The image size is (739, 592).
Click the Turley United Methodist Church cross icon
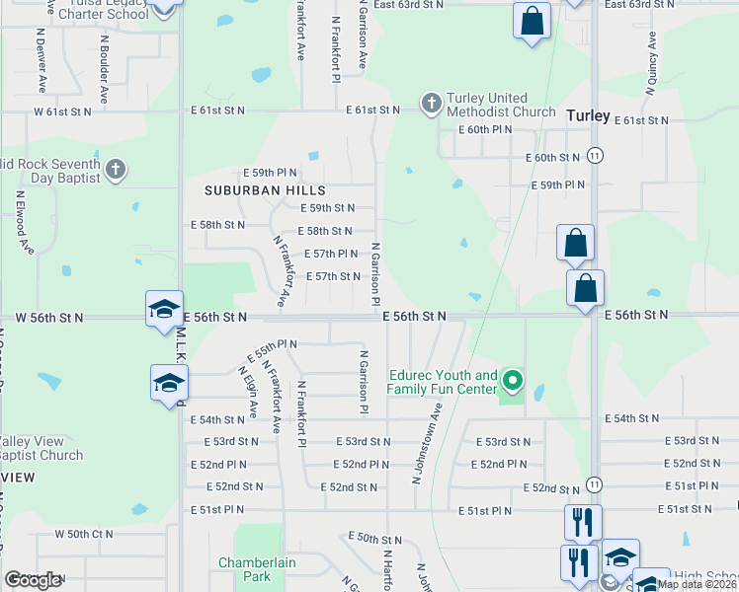tap(431, 103)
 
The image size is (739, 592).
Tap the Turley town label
tap(588, 114)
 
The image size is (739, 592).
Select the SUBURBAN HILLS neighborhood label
tap(251, 189)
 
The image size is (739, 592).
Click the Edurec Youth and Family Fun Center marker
tap(512, 380)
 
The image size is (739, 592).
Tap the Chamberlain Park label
tap(244, 569)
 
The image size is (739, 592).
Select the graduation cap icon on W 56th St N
tap(163, 309)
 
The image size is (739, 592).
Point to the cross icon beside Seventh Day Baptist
tap(116, 169)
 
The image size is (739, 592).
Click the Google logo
tap(33, 580)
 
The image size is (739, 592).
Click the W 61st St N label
tap(62, 111)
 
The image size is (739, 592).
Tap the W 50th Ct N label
tap(87, 534)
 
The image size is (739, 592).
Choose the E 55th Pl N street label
tap(272, 345)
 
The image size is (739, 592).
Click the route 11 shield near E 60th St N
tap(594, 156)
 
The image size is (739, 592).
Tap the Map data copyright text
tap(697, 583)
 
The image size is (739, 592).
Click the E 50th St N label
tap(375, 538)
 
